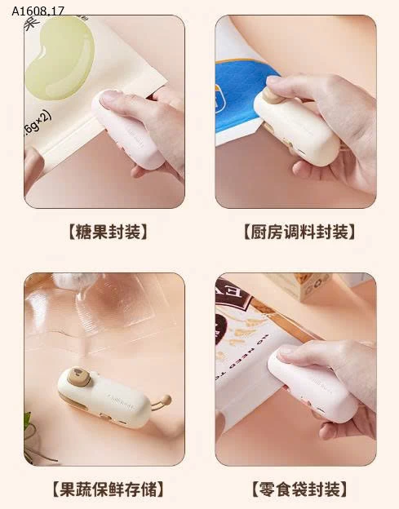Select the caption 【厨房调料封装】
299,232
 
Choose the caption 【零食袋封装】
299,489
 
